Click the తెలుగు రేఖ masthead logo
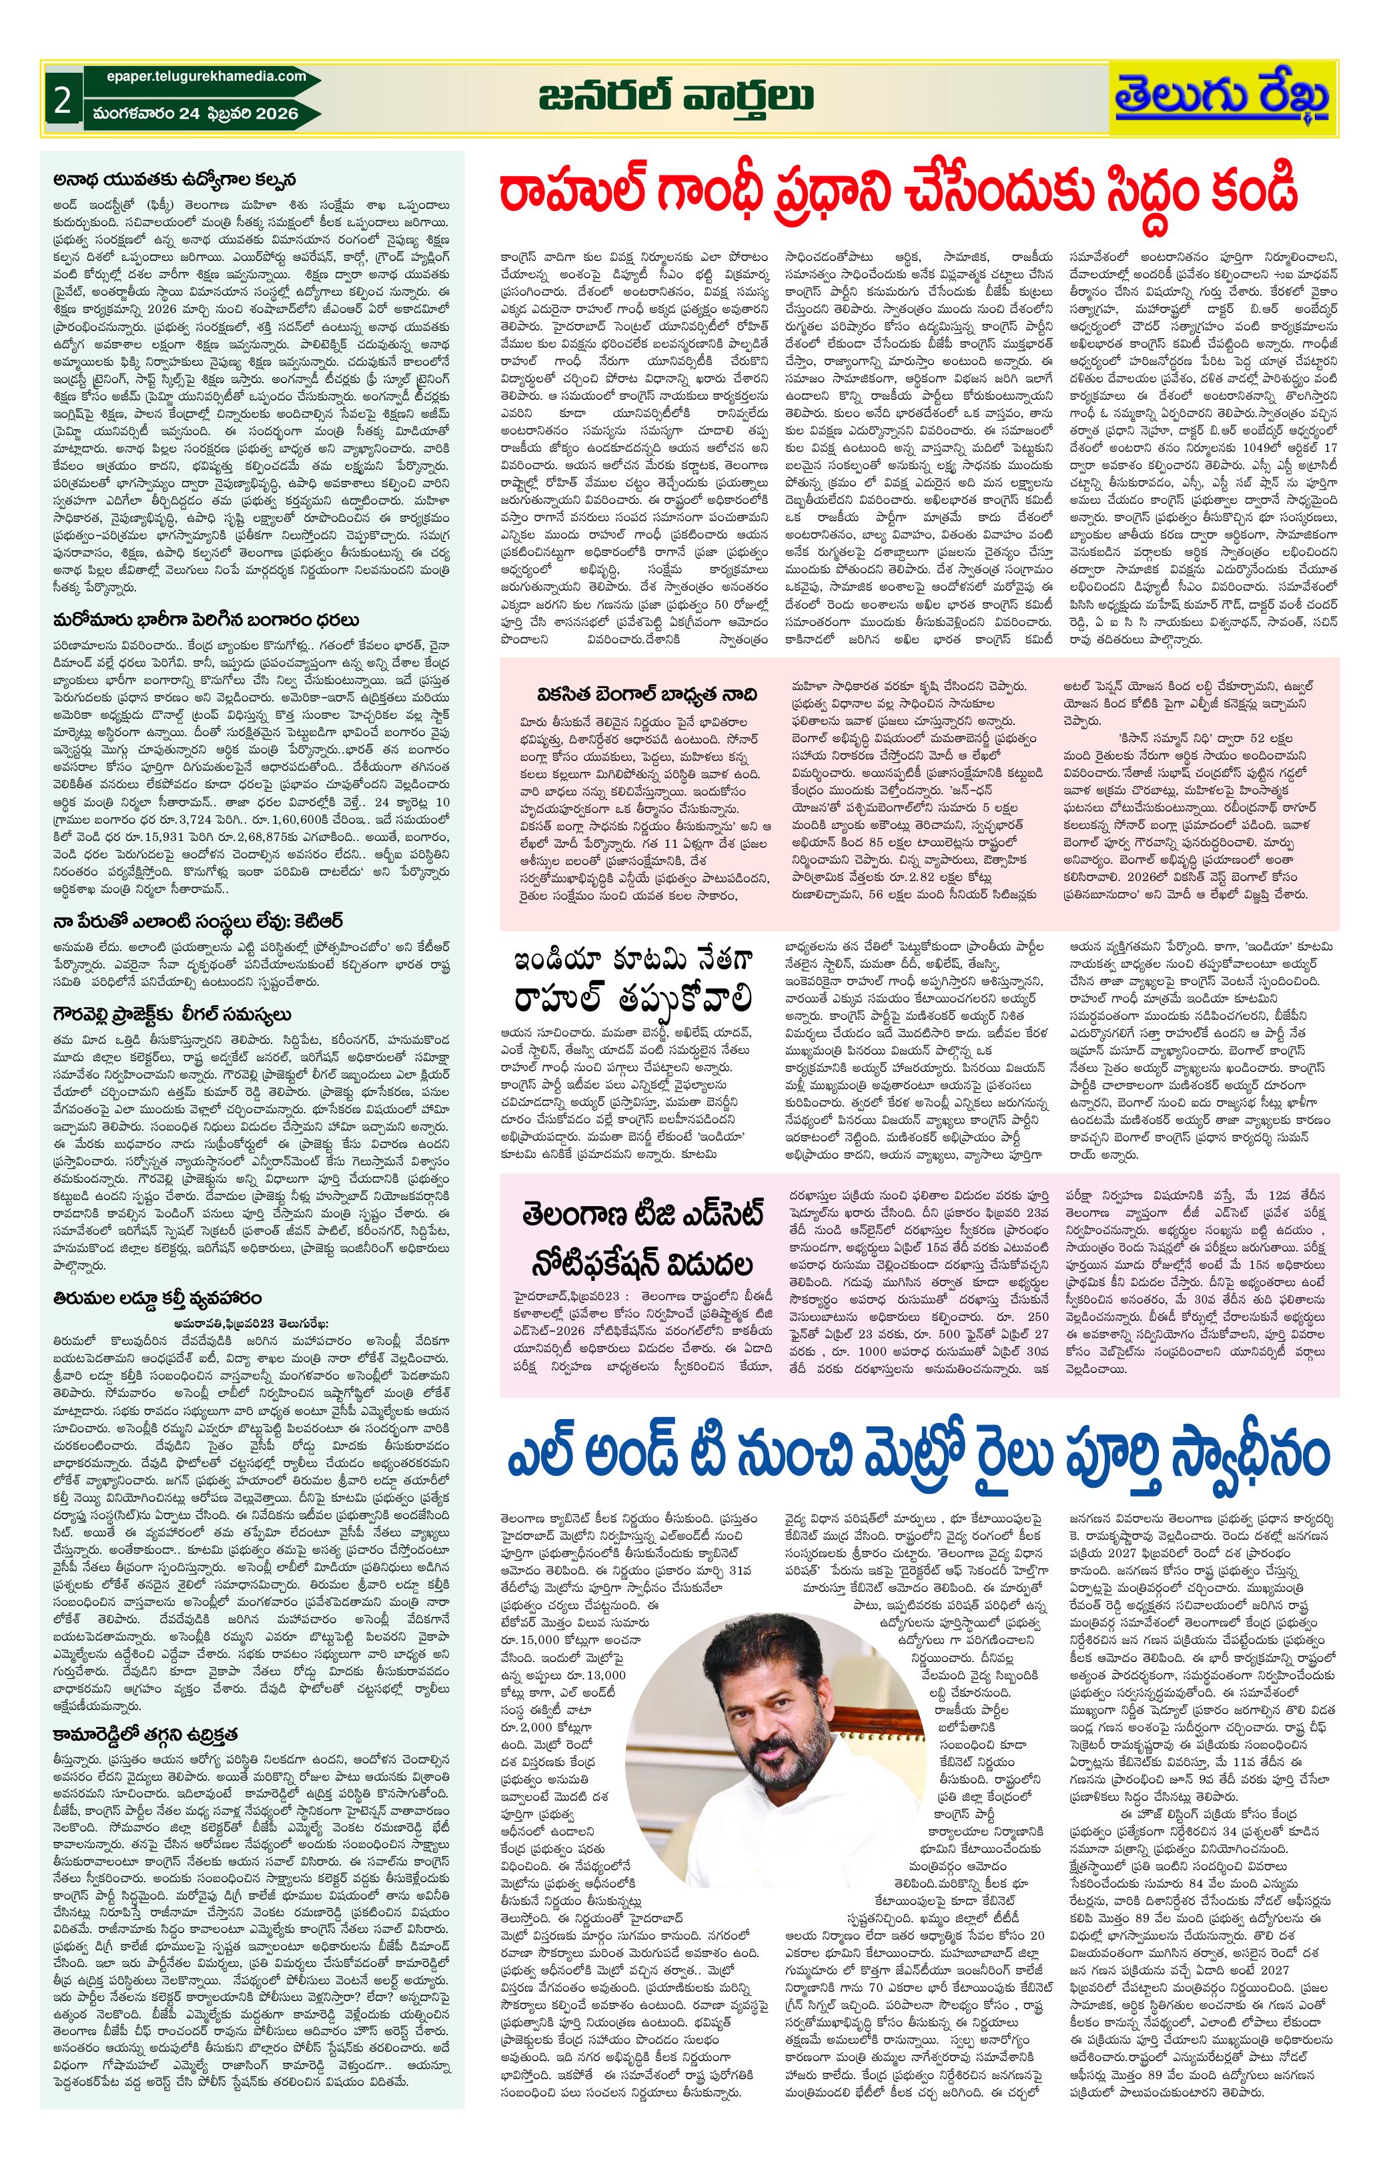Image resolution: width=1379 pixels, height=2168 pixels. [x=1222, y=98]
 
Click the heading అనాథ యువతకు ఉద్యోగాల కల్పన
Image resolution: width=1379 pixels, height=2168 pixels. [x=175, y=178]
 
